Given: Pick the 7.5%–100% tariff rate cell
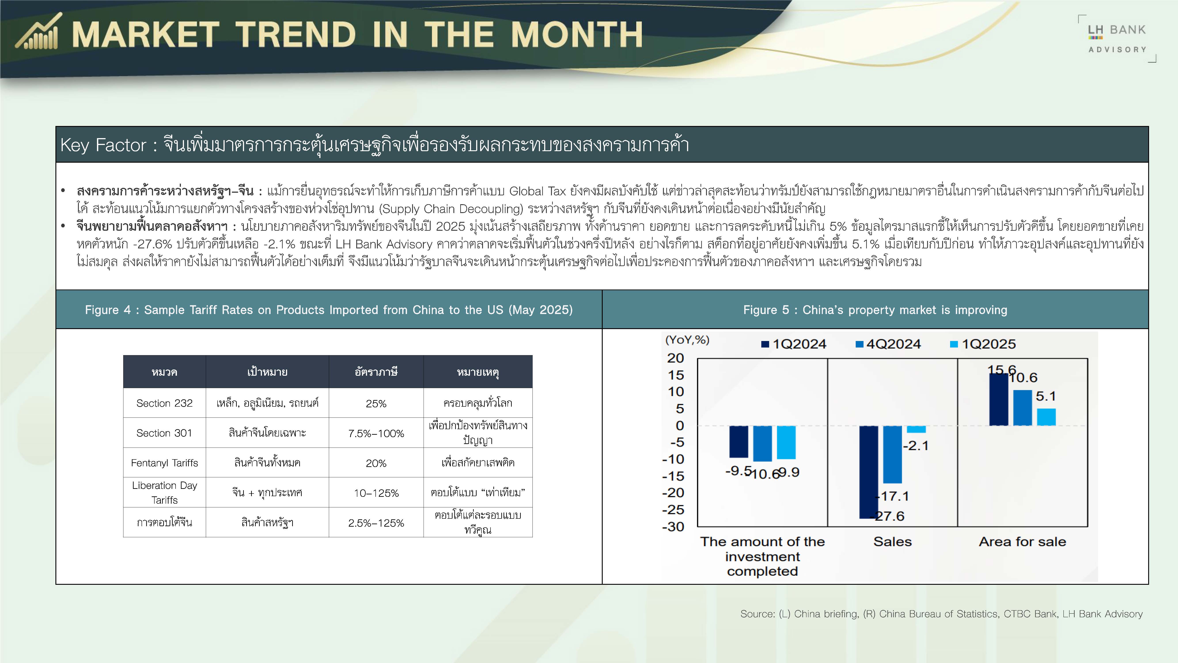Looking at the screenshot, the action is point(376,433).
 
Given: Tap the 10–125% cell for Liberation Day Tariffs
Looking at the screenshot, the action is point(376,493).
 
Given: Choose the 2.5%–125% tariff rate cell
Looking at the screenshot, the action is point(376,523).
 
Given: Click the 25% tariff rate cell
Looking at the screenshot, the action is point(376,404).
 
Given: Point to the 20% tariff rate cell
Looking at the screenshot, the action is point(376,463).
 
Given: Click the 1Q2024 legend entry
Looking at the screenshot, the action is point(794,344).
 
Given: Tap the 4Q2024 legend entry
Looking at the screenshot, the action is point(888,344).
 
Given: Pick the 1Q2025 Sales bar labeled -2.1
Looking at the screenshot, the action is point(916,429).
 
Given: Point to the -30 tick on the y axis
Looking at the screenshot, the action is point(673,527).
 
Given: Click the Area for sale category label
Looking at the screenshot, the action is point(1023,542).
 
